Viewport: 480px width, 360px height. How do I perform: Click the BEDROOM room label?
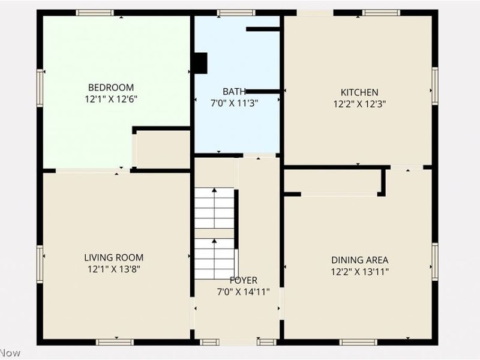[x=111, y=87]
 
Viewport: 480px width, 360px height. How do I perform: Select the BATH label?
[x=234, y=92]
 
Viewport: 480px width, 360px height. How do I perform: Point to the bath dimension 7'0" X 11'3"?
[x=234, y=103]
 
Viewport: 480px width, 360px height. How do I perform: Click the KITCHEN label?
[x=359, y=92]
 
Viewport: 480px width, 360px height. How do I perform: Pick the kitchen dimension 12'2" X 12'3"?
[x=359, y=103]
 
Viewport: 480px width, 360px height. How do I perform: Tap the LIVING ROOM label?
[x=114, y=257]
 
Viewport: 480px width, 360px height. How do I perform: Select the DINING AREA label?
[x=359, y=260]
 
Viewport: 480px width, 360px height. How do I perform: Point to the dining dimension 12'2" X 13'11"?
[x=359, y=271]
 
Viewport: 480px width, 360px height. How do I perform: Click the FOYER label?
[x=243, y=280]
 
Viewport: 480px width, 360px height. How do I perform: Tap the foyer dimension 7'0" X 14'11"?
[x=243, y=292]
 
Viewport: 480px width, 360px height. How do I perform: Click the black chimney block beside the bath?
[x=200, y=63]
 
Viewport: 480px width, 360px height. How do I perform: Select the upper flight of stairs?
[x=214, y=208]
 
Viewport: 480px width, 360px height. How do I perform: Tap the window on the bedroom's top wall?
[x=95, y=13]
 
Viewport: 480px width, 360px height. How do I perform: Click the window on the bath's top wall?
[x=236, y=13]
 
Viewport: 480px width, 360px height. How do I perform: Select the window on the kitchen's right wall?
[x=435, y=86]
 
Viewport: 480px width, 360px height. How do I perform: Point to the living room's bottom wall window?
[x=115, y=342]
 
